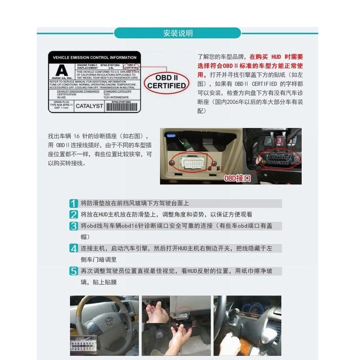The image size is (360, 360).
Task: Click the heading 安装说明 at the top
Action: point(178,33)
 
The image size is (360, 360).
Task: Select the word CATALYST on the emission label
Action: point(89,106)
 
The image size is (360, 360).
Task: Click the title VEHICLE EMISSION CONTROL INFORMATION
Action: point(94,58)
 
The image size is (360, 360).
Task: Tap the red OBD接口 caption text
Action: point(237,178)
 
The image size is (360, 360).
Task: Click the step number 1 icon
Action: point(74,204)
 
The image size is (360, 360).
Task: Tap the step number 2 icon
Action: point(74,215)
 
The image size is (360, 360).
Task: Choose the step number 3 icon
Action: point(74,226)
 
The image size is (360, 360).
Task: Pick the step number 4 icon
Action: point(74,248)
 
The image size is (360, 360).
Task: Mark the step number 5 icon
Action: point(74,271)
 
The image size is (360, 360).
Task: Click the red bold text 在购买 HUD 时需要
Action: point(276,57)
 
